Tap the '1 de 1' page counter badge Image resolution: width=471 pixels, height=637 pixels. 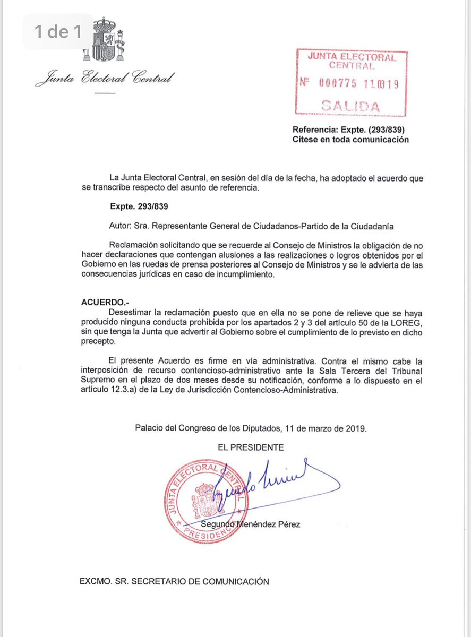(57, 32)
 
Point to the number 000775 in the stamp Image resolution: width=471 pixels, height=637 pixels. (338, 83)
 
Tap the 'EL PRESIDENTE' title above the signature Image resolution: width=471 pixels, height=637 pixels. (251, 447)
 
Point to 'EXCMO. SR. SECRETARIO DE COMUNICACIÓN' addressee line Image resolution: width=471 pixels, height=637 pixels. (174, 581)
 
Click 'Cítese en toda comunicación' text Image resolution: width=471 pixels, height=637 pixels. (350, 140)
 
